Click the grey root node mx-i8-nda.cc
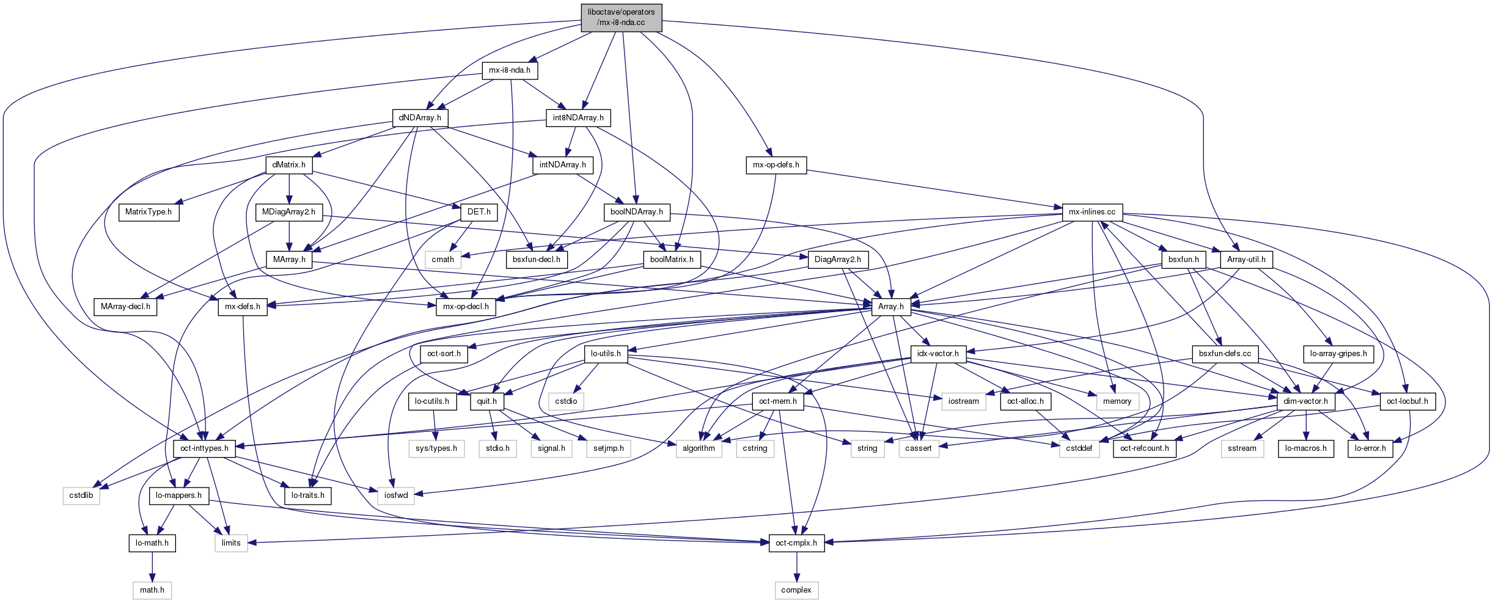[x=621, y=17]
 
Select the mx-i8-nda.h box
[x=509, y=70]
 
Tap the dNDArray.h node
[x=420, y=118]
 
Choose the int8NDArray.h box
[x=578, y=118]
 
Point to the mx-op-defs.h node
[x=776, y=165]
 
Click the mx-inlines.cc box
[x=1091, y=212]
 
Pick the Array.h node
[x=890, y=307]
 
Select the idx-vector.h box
[x=938, y=354]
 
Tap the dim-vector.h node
[x=1305, y=401]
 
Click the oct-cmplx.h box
[x=796, y=543]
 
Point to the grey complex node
[x=796, y=590]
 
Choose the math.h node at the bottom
[x=152, y=590]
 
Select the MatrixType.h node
[x=149, y=212]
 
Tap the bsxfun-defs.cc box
[x=1225, y=354]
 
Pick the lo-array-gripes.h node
[x=1338, y=354]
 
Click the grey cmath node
[x=442, y=260]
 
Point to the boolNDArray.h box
[x=636, y=212]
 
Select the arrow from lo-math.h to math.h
[x=152, y=566]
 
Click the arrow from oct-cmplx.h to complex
[x=796, y=566]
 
